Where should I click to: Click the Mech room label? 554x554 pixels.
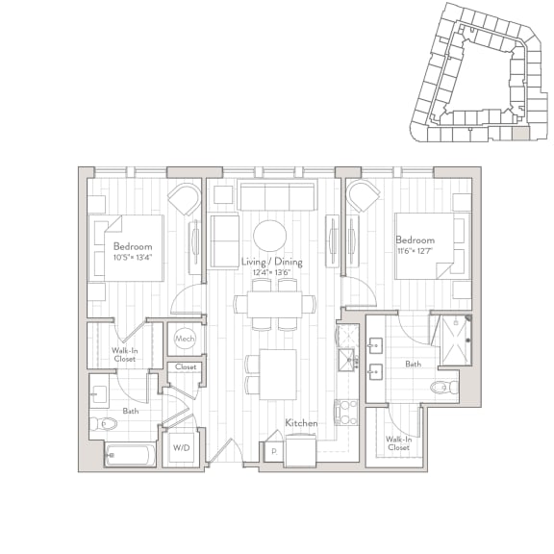click(185, 339)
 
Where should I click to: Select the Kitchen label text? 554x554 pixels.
click(302, 423)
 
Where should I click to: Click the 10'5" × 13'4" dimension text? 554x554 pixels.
click(133, 258)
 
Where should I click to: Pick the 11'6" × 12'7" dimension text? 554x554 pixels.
click(415, 252)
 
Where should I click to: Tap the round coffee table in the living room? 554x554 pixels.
click(270, 236)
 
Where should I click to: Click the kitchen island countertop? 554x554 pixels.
click(278, 373)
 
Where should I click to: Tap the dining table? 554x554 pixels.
click(273, 304)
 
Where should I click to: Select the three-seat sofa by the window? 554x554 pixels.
click(277, 196)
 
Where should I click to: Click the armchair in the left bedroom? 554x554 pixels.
click(183, 201)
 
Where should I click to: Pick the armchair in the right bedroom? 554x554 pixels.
click(363, 196)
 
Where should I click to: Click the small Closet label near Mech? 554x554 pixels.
click(185, 367)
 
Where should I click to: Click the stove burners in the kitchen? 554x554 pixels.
click(345, 412)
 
